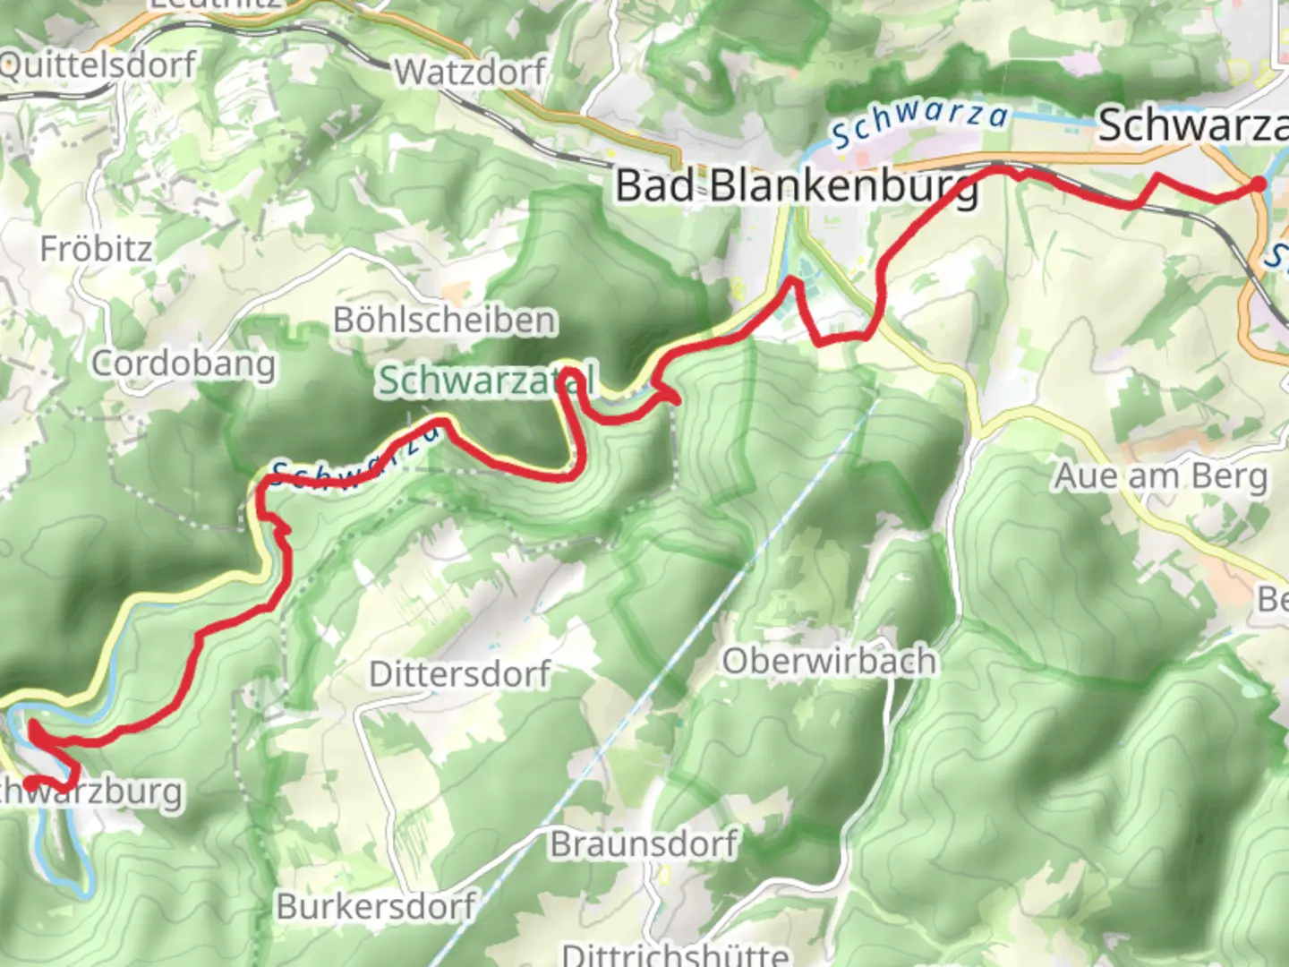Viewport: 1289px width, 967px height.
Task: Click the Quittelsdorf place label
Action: pos(97,65)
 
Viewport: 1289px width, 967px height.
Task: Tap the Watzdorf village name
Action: pos(470,72)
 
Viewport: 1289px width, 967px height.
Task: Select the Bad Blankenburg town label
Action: pos(796,186)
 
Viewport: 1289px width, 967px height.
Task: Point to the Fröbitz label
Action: pos(96,249)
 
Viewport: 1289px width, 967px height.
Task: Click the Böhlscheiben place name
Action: pos(445,320)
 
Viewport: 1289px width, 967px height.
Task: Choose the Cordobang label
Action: pos(184,364)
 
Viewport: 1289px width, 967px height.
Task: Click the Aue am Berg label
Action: pos(1161,476)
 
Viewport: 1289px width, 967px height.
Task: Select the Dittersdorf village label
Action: pos(460,673)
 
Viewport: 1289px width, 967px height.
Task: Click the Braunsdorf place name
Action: pos(644,843)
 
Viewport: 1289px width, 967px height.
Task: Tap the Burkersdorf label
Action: pos(376,906)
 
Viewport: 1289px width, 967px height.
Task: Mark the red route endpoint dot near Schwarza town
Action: pos(1258,184)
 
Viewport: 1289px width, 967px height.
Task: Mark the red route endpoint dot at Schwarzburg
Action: pos(30,783)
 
